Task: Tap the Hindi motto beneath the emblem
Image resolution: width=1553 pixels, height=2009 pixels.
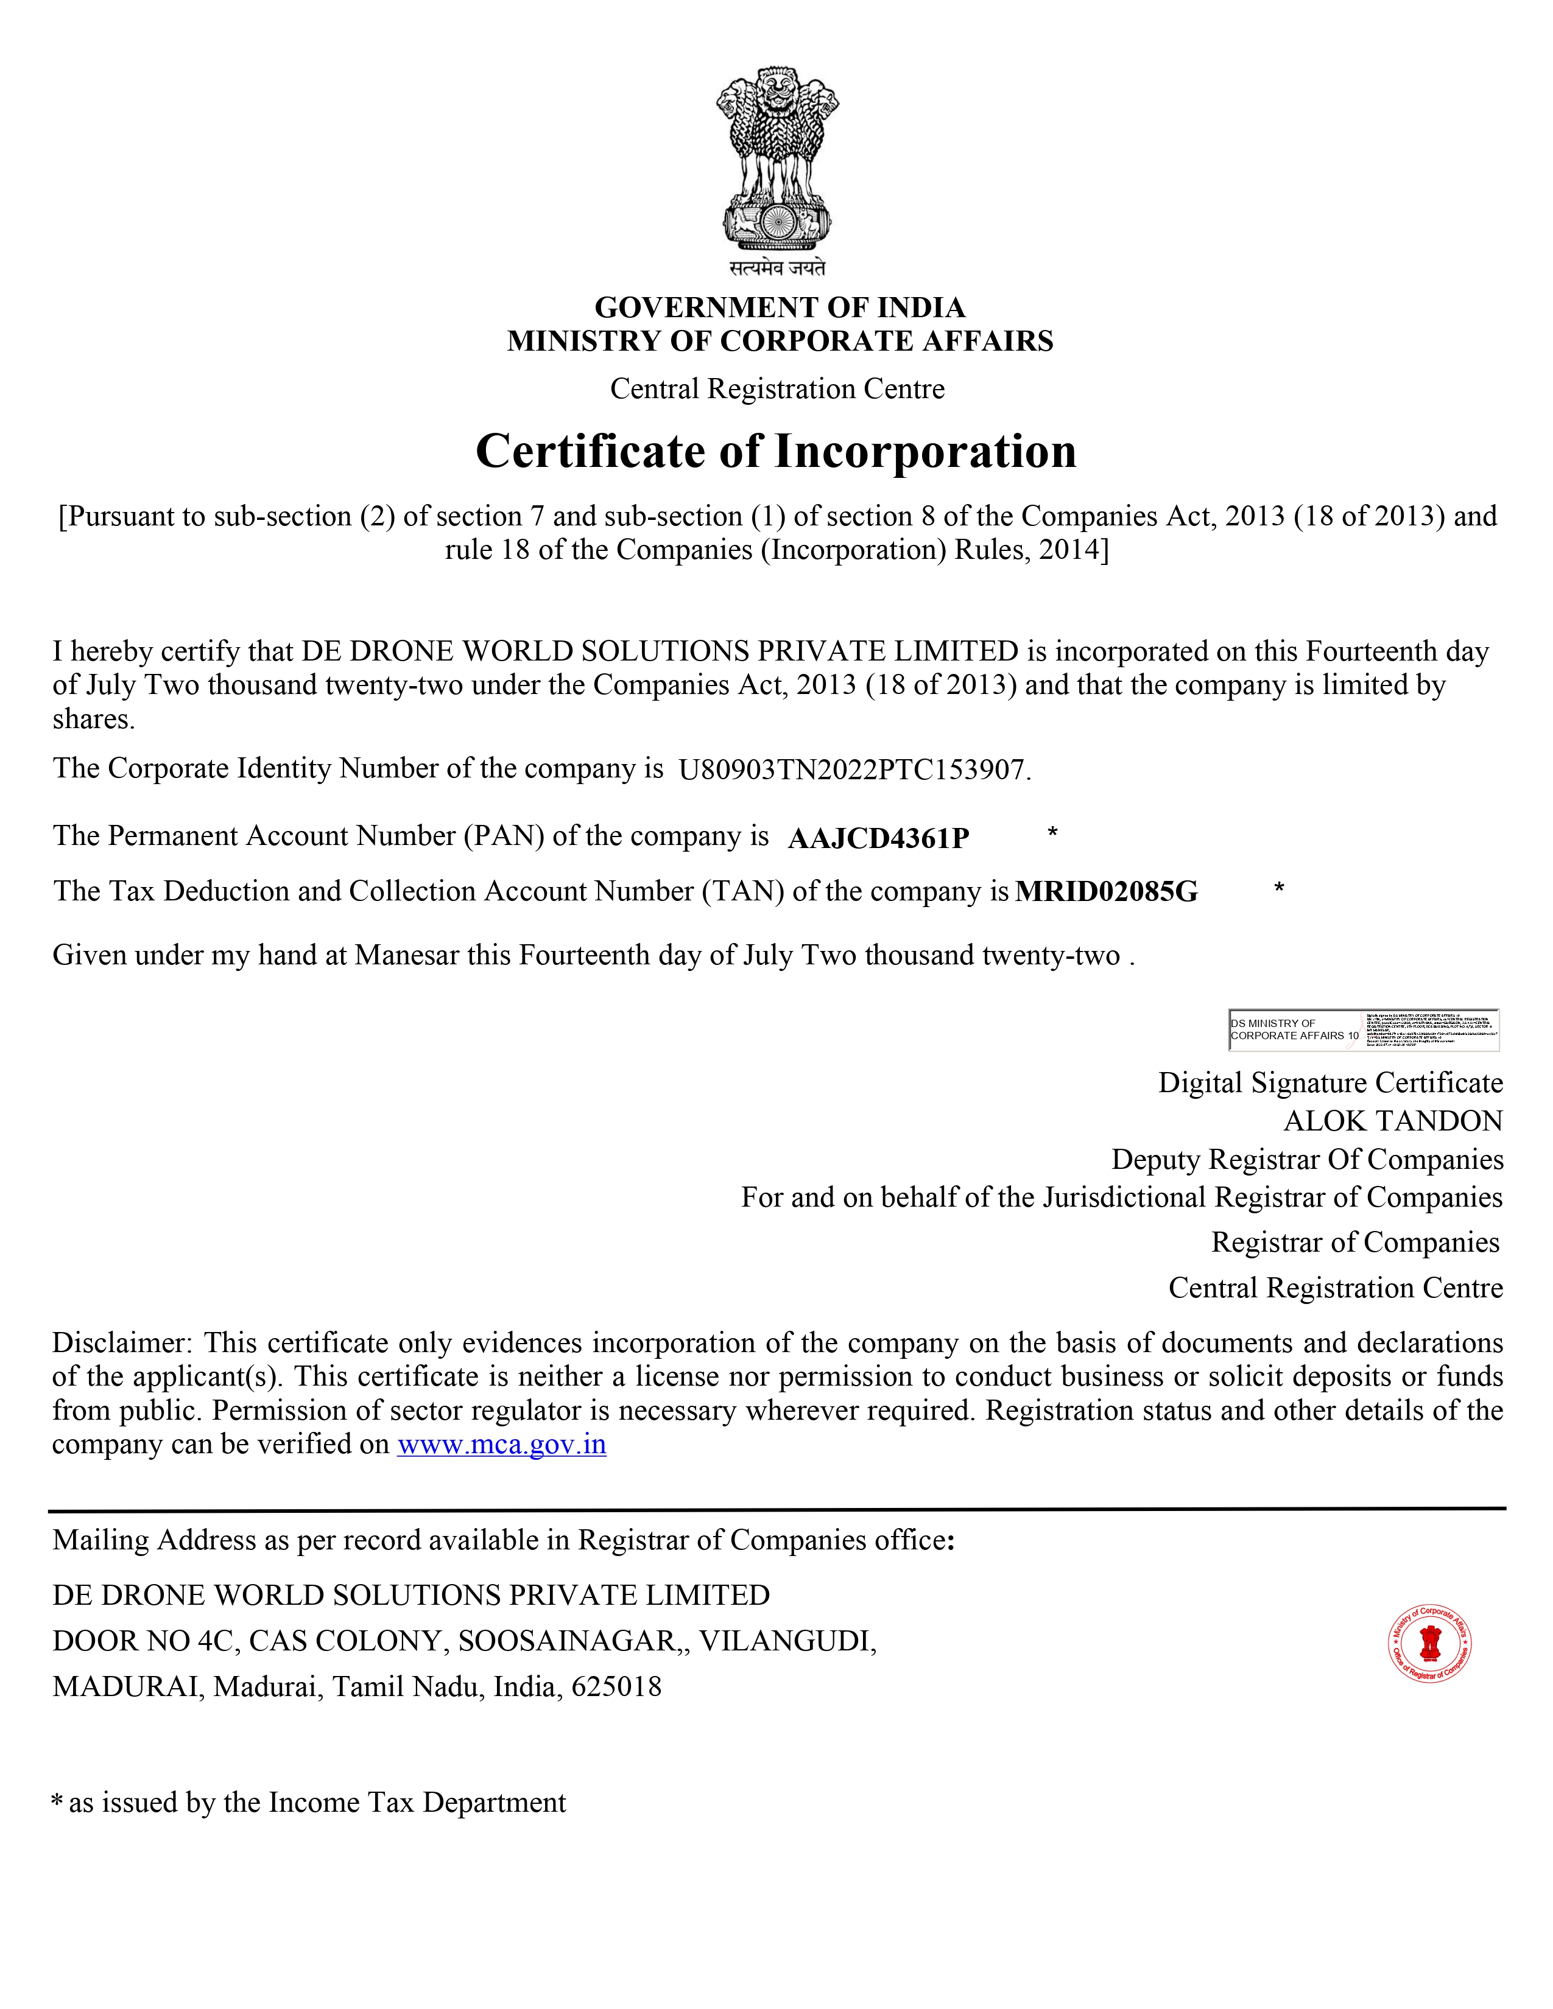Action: point(778,268)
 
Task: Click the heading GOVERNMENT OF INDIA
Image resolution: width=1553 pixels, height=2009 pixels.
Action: point(780,307)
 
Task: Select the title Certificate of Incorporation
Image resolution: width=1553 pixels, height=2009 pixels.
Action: point(775,452)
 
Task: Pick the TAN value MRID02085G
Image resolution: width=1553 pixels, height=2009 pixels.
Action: point(1106,891)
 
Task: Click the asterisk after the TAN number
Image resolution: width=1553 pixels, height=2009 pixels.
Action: point(1279,888)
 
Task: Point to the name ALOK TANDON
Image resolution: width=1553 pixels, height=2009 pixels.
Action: point(1393,1121)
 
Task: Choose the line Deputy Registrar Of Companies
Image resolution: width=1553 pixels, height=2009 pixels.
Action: point(1306,1160)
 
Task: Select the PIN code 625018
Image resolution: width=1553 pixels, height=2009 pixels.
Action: point(616,1687)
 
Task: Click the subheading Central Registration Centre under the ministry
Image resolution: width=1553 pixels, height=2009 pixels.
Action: point(778,389)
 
